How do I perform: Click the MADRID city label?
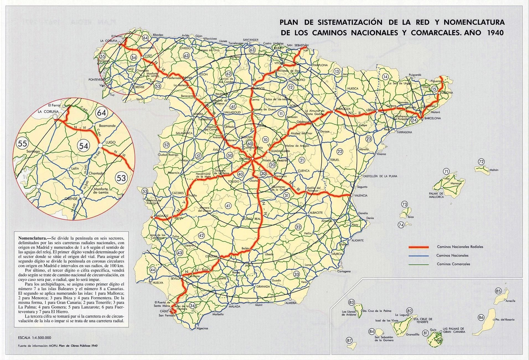pyautogui.click(x=244, y=159)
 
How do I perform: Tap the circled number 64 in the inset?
pyautogui.click(x=102, y=112)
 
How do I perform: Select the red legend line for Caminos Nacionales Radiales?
pyautogui.click(x=419, y=247)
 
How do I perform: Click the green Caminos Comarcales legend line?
pyautogui.click(x=419, y=264)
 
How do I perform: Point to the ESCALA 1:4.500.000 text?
pyautogui.click(x=35, y=338)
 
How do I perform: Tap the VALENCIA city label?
pyautogui.click(x=360, y=196)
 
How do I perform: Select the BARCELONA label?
pyautogui.click(x=432, y=118)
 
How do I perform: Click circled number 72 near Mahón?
pyautogui.click(x=481, y=162)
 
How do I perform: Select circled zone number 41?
pyautogui.click(x=228, y=206)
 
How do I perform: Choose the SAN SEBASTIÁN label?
pyautogui.click(x=298, y=45)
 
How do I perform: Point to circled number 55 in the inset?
pyautogui.click(x=23, y=143)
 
